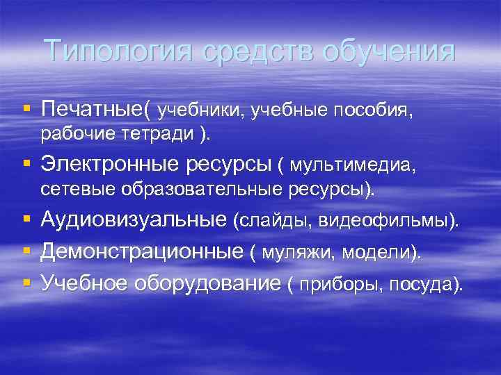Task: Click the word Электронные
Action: pos(111,165)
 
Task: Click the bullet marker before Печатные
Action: pos(26,109)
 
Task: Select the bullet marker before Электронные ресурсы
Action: pos(26,165)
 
